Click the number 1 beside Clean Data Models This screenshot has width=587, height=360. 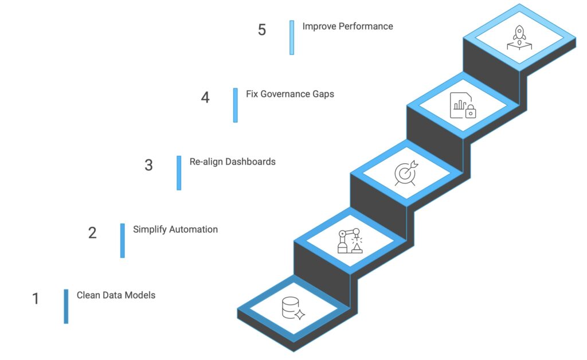[36, 299]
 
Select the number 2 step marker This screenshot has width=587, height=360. [92, 233]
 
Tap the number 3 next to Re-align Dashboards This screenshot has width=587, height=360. [148, 165]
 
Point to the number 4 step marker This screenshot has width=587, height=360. [205, 97]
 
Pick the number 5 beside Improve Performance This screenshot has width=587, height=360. [262, 30]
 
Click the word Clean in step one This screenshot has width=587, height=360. [88, 295]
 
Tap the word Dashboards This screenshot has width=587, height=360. [251, 162]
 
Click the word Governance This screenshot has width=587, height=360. [285, 94]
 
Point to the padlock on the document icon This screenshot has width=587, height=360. [471, 112]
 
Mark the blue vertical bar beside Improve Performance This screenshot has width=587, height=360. [292, 37]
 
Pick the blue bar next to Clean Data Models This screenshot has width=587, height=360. [66, 306]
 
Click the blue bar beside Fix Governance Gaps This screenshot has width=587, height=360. [236, 105]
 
